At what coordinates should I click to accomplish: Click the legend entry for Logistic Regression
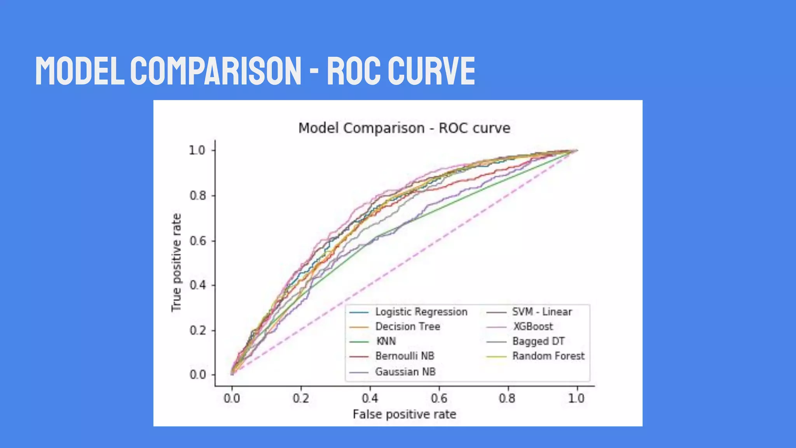pyautogui.click(x=421, y=312)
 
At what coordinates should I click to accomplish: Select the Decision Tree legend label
pyautogui.click(x=407, y=327)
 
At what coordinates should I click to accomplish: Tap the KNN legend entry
pyautogui.click(x=386, y=341)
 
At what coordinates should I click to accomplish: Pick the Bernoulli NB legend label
pyautogui.click(x=405, y=356)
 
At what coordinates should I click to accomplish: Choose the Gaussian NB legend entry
pyautogui.click(x=405, y=372)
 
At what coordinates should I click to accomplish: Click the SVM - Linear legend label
pyautogui.click(x=542, y=312)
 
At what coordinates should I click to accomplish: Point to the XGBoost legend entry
pyautogui.click(x=532, y=327)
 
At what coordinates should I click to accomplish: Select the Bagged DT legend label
pyautogui.click(x=538, y=341)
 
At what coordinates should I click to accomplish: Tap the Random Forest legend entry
pyautogui.click(x=548, y=356)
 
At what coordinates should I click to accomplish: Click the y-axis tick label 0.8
pyautogui.click(x=197, y=196)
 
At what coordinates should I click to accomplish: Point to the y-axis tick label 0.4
pyautogui.click(x=197, y=285)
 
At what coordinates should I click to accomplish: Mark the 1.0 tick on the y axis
pyautogui.click(x=197, y=150)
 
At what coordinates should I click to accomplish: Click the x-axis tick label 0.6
pyautogui.click(x=439, y=398)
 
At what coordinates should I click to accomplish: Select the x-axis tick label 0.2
pyautogui.click(x=301, y=398)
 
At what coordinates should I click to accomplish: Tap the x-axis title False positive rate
pyautogui.click(x=404, y=415)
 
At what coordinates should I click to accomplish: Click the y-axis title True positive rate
pyautogui.click(x=176, y=262)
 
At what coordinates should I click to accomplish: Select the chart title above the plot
pyautogui.click(x=404, y=128)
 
